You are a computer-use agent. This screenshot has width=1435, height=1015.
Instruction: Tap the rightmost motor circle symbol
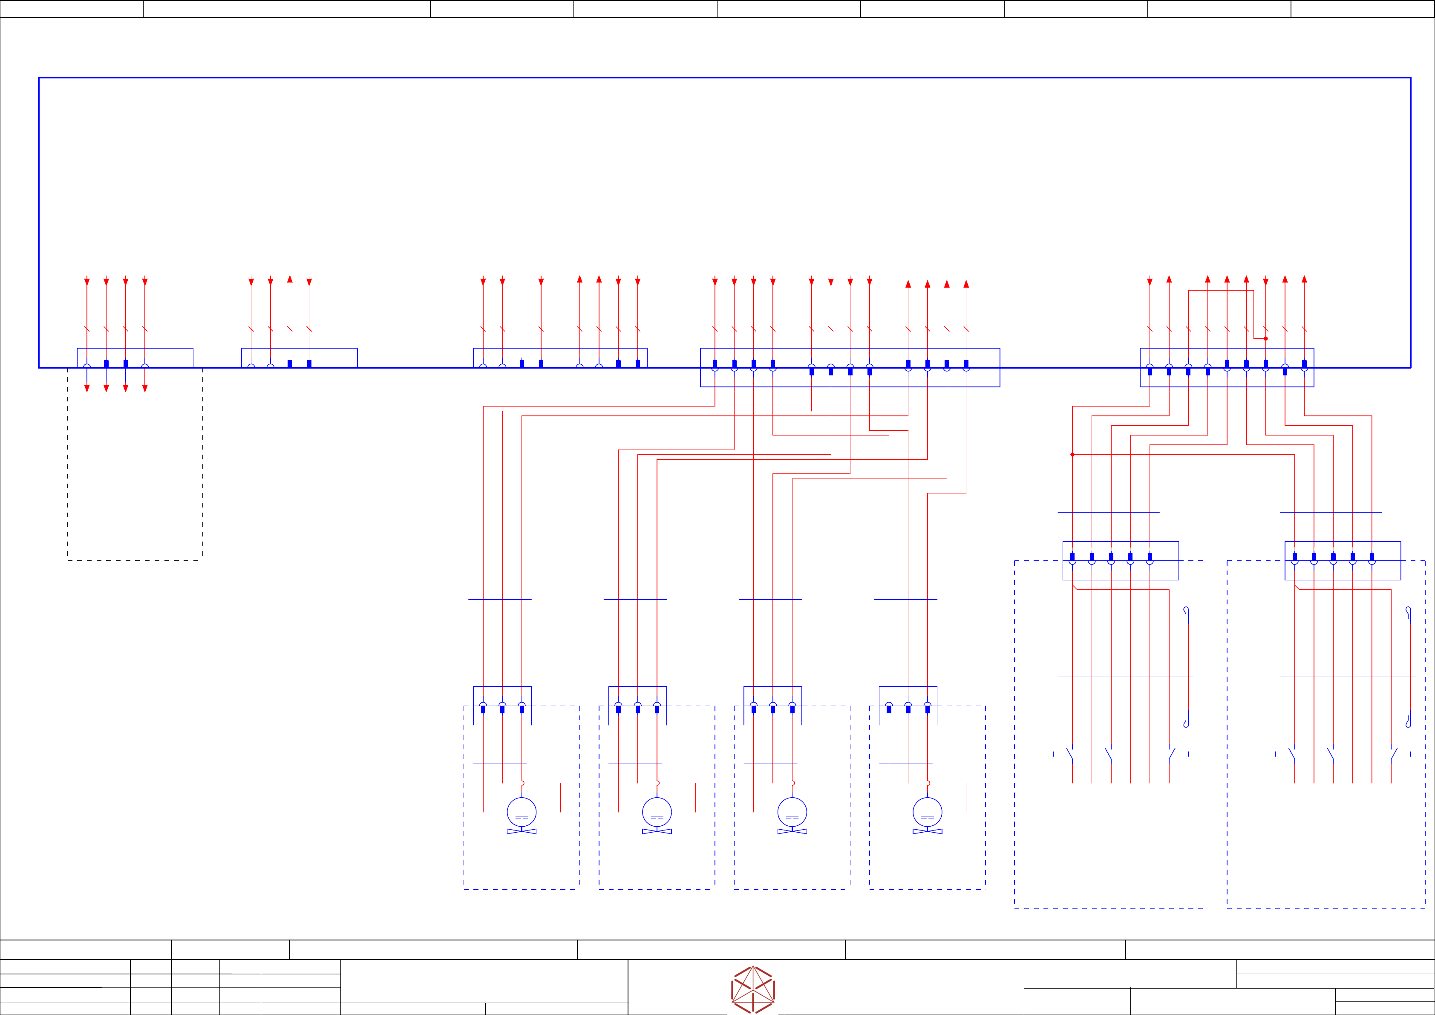[x=928, y=812]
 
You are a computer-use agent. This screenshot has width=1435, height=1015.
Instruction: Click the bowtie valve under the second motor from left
[x=657, y=831]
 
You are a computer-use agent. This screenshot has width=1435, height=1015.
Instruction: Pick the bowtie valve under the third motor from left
[x=792, y=831]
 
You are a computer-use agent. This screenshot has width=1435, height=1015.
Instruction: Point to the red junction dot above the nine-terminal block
[x=1265, y=339]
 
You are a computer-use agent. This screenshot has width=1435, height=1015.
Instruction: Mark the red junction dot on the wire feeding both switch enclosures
[x=1072, y=454]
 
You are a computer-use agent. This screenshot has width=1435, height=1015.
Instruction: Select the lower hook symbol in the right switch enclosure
[x=1408, y=722]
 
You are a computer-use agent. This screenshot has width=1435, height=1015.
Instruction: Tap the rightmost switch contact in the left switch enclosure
[x=1171, y=754]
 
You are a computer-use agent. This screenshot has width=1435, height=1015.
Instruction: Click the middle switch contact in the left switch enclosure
[x=1108, y=754]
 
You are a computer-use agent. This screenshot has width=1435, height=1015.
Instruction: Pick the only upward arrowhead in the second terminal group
[x=290, y=280]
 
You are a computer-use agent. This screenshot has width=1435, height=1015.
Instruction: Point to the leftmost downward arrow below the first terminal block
[x=87, y=388]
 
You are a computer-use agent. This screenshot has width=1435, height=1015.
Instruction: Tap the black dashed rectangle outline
[x=135, y=560]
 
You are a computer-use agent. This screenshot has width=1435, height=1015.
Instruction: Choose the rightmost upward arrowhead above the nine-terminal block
[x=1304, y=280]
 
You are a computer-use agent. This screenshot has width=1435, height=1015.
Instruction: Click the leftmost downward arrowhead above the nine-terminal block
[x=1150, y=282]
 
